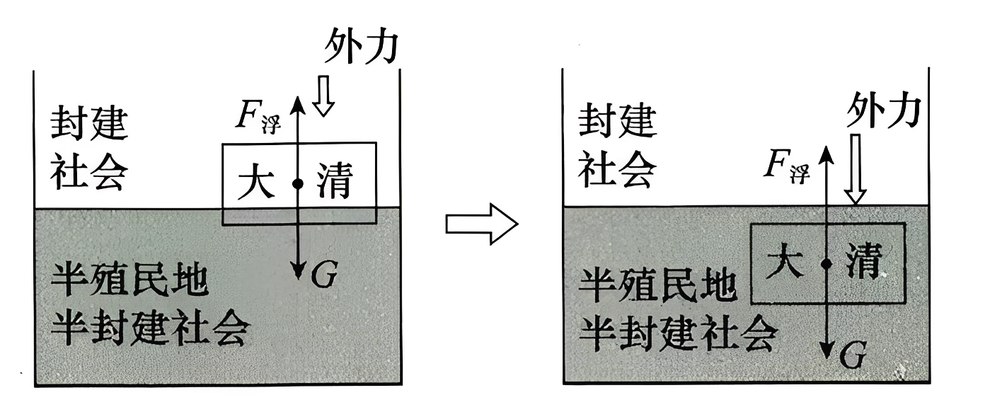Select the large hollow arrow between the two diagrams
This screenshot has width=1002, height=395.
pyautogui.click(x=481, y=224)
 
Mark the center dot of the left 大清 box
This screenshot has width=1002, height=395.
pyautogui.click(x=298, y=183)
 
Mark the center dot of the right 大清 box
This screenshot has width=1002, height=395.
pyautogui.click(x=826, y=263)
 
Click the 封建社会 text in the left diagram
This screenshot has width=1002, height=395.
pyautogui.click(x=89, y=149)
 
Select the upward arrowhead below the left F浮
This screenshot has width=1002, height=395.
pyautogui.click(x=298, y=103)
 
